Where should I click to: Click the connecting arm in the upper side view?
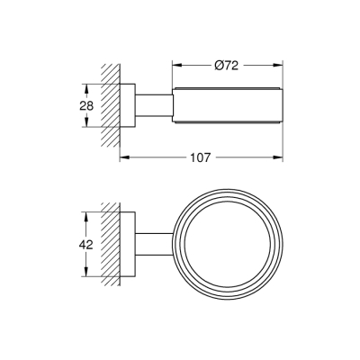coord(154,106)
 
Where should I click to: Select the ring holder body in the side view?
coord(224,106)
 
